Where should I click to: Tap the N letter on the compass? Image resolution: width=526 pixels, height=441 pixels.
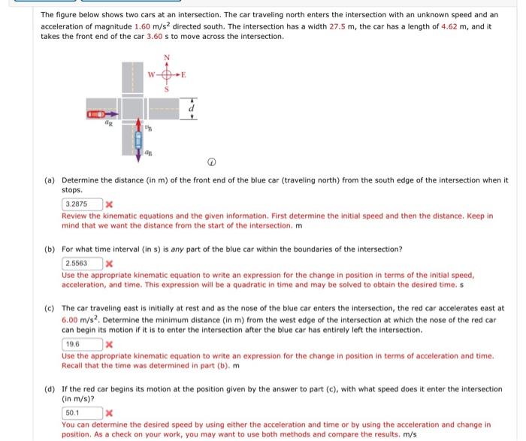[x=167, y=58]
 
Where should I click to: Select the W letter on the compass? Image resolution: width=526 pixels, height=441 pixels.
[x=150, y=74]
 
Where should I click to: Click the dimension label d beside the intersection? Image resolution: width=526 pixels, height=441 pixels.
[x=193, y=109]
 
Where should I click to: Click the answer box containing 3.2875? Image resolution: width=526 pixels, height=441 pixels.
[x=81, y=204]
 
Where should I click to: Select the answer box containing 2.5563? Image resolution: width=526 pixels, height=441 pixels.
[x=81, y=263]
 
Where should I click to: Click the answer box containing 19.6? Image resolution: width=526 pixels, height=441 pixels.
[x=81, y=343]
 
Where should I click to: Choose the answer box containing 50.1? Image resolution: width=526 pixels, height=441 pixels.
[x=81, y=412]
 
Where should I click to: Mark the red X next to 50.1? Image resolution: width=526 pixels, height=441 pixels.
[x=110, y=413]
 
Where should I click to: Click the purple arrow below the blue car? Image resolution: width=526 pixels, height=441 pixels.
[x=138, y=156]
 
